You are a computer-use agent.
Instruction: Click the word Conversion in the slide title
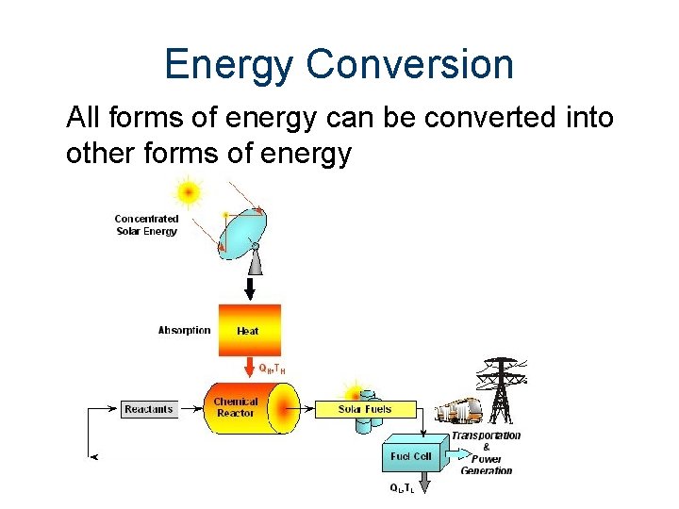point(410,65)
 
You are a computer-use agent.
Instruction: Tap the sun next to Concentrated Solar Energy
point(189,192)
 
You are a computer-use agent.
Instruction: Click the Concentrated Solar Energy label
point(146,225)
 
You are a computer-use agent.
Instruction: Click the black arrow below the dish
point(250,285)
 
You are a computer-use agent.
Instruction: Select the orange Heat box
point(249,330)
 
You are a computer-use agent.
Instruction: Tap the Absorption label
point(184,331)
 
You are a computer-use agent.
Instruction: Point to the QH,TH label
point(272,369)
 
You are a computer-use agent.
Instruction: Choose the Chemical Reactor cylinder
point(247,408)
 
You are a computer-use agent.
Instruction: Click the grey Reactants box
point(149,409)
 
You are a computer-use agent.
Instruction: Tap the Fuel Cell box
point(410,456)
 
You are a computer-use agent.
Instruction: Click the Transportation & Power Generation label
point(486,452)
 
